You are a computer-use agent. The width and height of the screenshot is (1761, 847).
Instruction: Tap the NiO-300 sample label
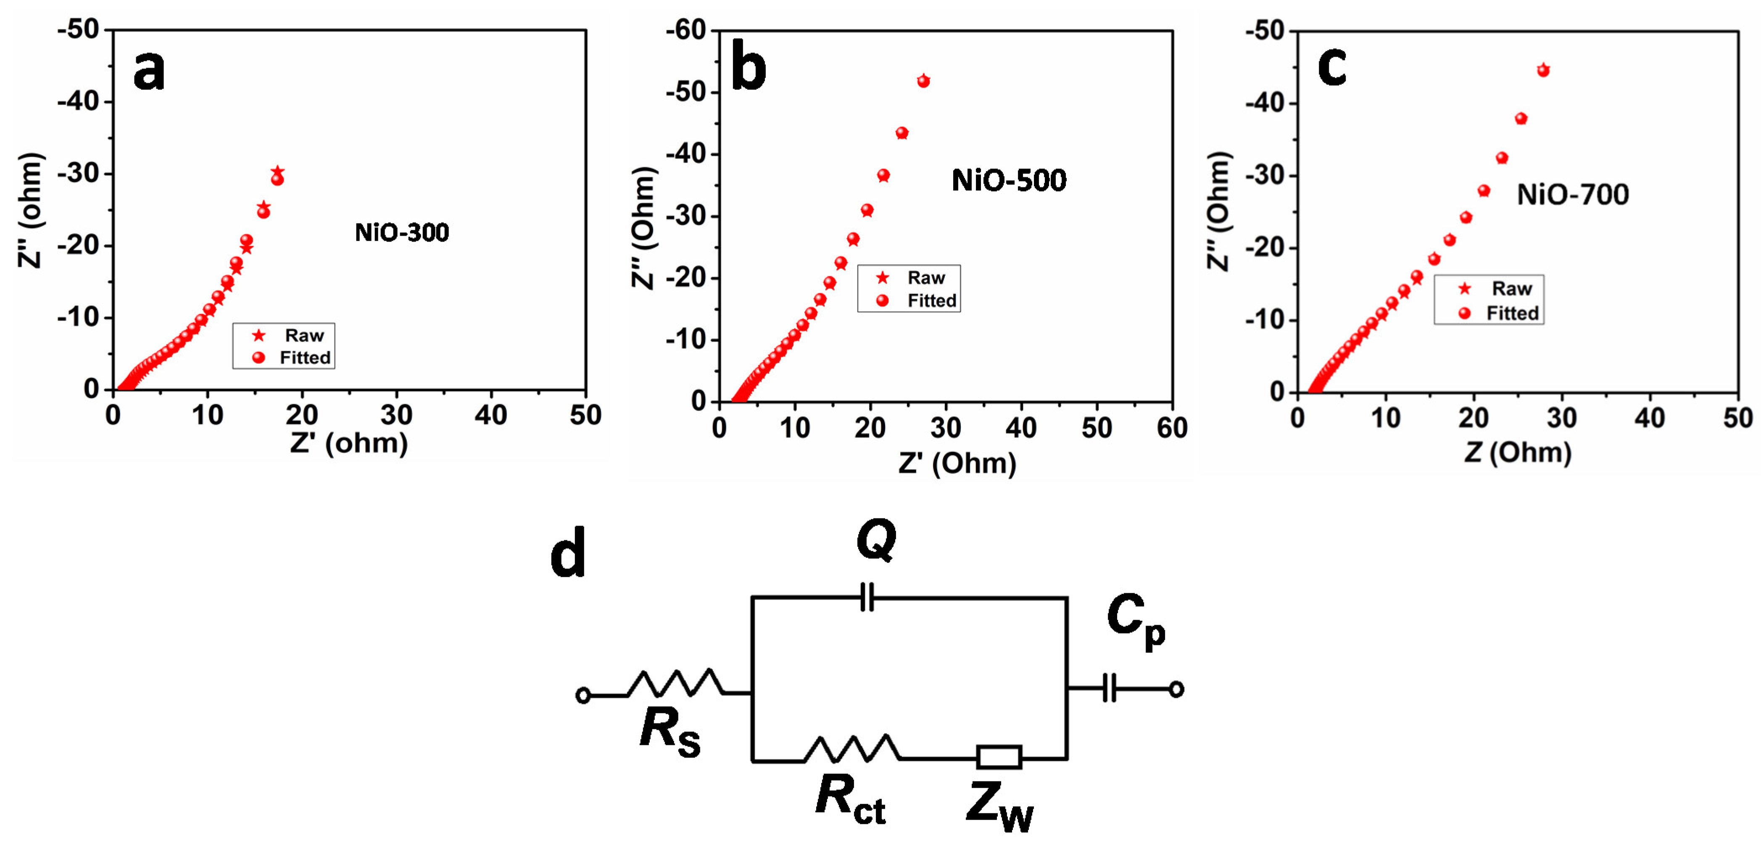coord(402,232)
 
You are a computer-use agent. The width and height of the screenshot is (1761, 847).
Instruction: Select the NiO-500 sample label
coord(1008,181)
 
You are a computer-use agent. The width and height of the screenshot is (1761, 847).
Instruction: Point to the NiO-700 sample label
coord(1572,195)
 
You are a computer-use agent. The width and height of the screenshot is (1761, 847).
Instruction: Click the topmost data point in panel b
coord(923,81)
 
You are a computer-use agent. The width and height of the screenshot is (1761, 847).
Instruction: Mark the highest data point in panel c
coord(1543,70)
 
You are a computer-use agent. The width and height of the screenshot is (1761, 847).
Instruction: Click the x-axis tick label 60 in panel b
coord(1172,428)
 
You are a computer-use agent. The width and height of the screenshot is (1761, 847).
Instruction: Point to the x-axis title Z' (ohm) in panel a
coord(349,443)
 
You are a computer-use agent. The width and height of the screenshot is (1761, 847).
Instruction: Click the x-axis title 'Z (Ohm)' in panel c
coord(1518,452)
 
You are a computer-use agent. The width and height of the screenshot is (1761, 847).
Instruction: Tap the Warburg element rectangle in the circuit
coord(999,757)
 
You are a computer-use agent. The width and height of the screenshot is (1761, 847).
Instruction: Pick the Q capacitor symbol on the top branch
coord(866,597)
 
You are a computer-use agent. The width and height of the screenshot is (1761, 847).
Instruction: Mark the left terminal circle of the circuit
coord(583,695)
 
